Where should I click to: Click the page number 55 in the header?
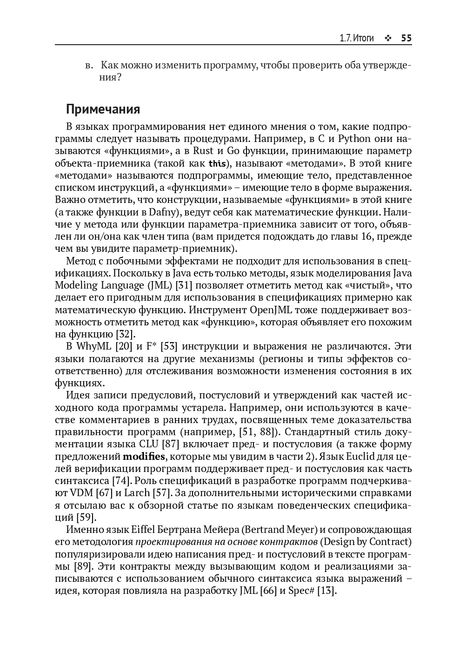[406, 38]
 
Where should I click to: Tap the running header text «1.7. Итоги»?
[356, 38]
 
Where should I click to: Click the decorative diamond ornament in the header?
[387, 38]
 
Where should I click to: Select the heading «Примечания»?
[103, 109]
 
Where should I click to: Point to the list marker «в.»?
[90, 65]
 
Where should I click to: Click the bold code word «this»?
[217, 163]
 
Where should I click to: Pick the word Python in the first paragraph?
[354, 139]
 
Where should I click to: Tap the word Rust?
[203, 151]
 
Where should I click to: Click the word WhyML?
[92, 346]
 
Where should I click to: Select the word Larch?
[138, 493]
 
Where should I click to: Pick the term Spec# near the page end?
[301, 591]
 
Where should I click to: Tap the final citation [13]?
[326, 591]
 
